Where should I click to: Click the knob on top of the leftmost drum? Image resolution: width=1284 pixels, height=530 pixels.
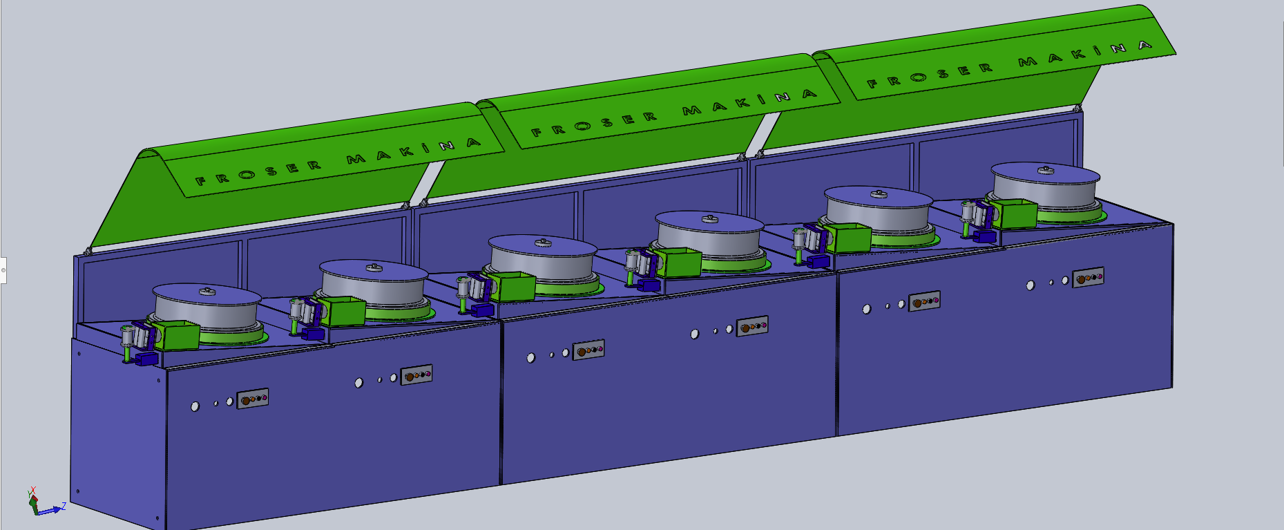click(207, 292)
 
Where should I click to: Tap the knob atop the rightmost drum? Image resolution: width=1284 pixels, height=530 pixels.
click(1046, 170)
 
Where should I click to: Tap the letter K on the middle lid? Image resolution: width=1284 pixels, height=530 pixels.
click(743, 103)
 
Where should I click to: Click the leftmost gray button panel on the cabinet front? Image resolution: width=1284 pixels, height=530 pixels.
click(253, 399)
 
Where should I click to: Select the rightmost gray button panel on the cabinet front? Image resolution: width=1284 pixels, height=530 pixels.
click(1088, 277)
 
